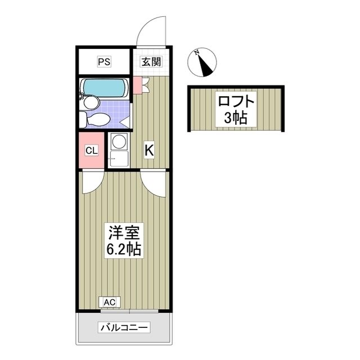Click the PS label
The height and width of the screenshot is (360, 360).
(103, 62)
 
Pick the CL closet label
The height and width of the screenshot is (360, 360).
(92, 150)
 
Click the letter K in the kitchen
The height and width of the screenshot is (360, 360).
(149, 150)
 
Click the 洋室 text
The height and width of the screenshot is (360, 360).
(124, 231)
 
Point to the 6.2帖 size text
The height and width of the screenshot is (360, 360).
(124, 248)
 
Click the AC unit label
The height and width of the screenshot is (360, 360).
(109, 303)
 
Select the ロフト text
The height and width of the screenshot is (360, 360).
(236, 102)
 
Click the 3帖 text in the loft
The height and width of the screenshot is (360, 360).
(236, 119)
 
